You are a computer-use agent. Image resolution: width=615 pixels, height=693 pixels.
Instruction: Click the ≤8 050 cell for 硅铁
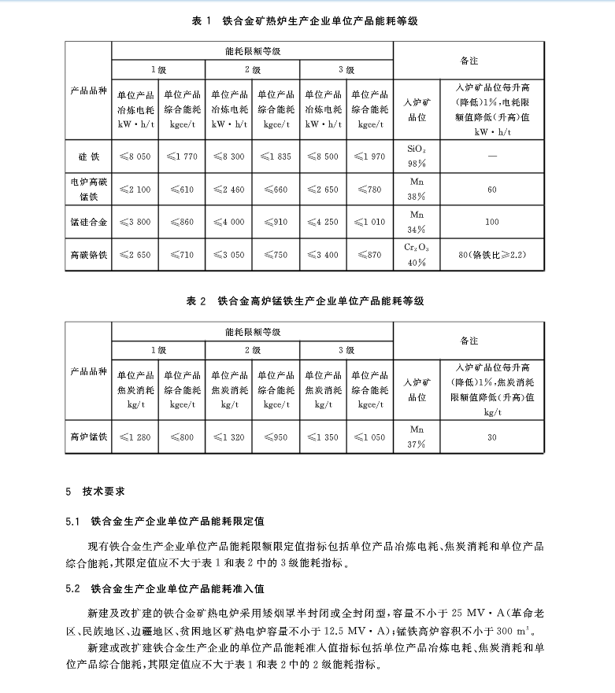pos(135,157)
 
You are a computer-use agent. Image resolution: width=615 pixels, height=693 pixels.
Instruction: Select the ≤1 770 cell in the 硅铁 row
pos(181,157)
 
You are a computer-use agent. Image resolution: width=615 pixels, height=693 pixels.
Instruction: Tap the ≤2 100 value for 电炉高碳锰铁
pos(135,190)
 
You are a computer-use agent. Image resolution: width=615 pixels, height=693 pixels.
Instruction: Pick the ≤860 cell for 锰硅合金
pos(181,222)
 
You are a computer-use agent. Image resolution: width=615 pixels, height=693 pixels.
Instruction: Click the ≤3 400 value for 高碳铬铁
pos(323,255)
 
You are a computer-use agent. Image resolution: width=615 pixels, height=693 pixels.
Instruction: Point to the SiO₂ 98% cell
pos(417,156)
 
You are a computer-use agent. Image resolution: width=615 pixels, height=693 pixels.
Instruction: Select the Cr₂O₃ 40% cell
pos(417,255)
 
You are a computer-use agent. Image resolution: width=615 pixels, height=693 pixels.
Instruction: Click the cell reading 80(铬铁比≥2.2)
pos(491,255)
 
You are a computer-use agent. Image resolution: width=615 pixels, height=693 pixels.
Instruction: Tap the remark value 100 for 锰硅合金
pos(491,222)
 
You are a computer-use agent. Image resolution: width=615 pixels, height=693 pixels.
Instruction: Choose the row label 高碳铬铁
pos(87,255)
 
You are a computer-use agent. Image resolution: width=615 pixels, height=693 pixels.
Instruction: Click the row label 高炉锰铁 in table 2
pos(87,437)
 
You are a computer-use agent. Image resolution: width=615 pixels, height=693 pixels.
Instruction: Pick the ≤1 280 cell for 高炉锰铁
pos(135,437)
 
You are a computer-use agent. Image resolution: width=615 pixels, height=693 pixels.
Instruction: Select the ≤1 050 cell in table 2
pos(369,437)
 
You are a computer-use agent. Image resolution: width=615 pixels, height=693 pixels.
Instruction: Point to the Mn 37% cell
pos(417,437)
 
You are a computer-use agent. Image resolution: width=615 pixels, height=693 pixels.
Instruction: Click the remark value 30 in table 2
pos(491,437)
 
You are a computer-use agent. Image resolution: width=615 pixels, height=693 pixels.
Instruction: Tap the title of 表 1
pos(307,21)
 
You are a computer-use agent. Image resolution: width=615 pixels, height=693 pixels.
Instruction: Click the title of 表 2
pos(307,301)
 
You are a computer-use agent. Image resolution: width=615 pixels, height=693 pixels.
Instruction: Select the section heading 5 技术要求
pos(93,492)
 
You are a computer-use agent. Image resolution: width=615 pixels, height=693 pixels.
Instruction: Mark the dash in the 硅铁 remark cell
pos(491,157)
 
